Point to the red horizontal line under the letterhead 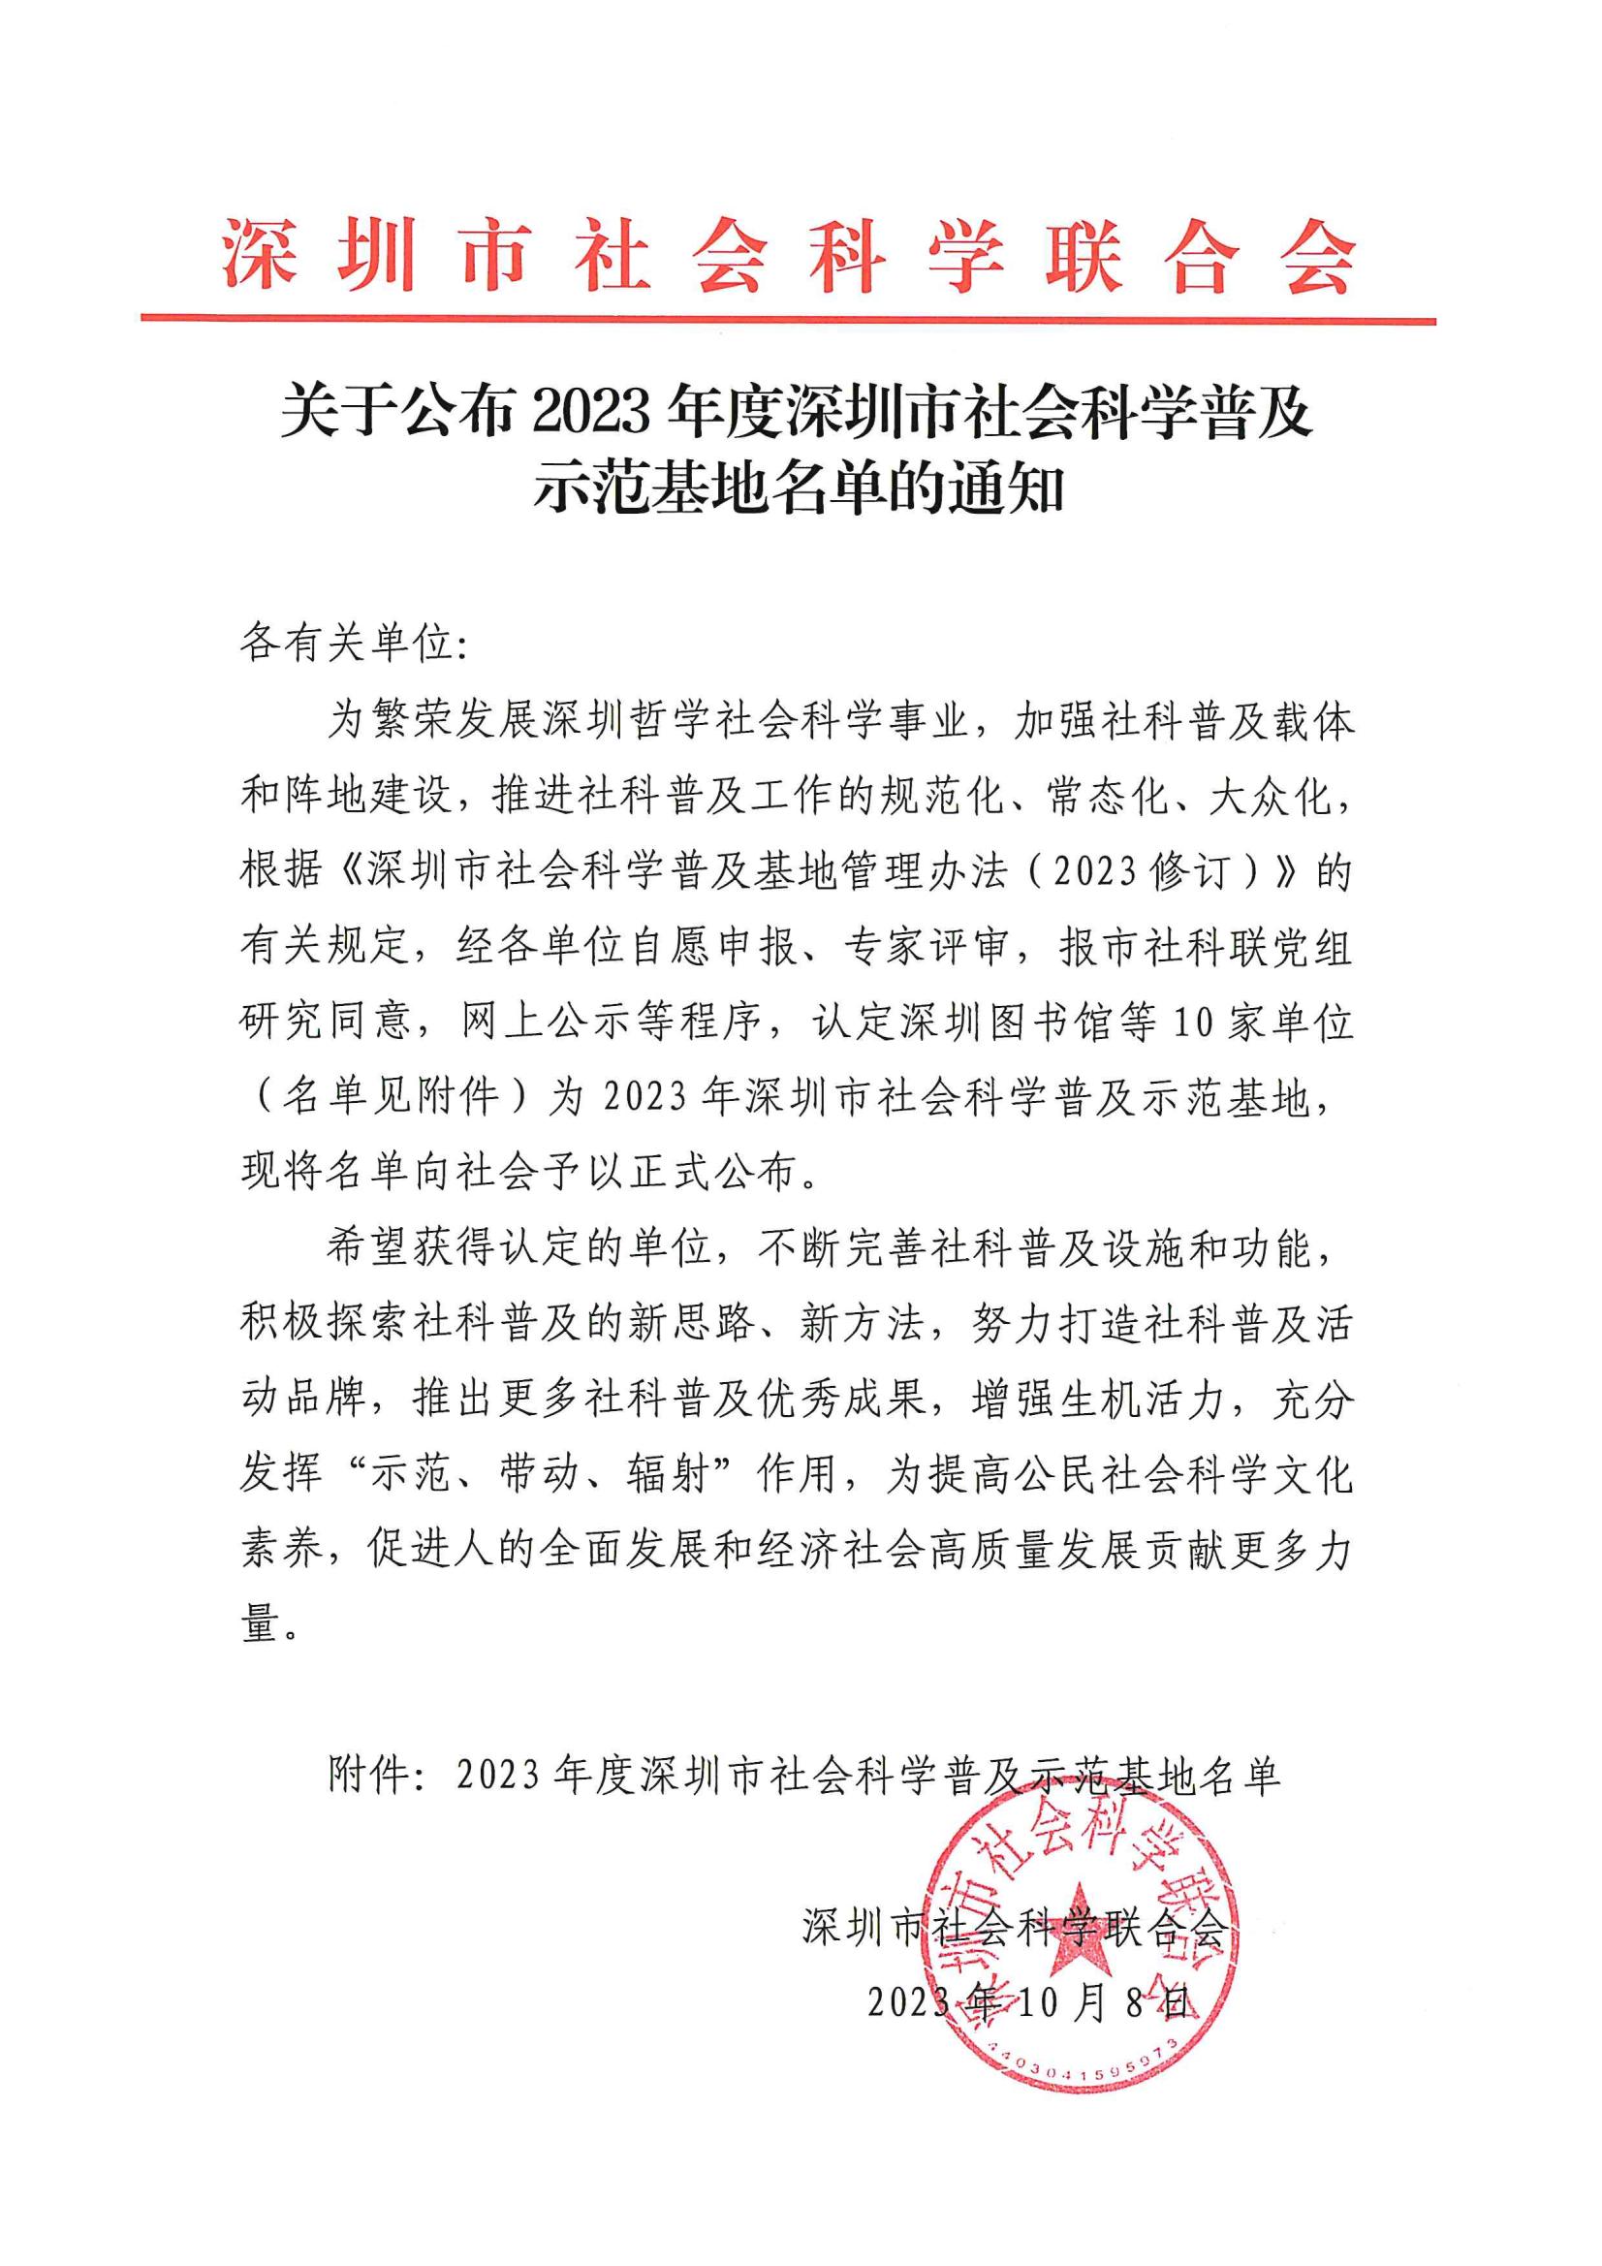pyautogui.click(x=787, y=320)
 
